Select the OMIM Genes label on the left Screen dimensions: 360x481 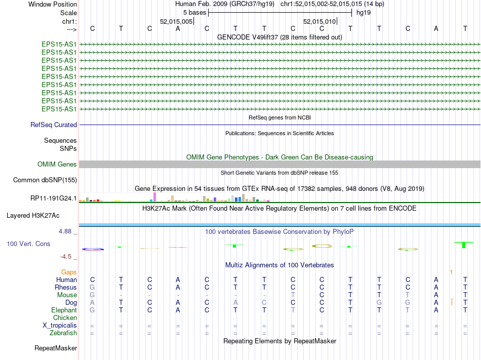click(57, 164)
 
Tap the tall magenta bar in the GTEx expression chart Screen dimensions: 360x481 click(154, 196)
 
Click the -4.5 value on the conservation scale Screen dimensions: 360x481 click(69, 257)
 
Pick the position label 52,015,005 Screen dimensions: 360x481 click(176, 21)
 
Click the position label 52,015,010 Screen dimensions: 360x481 click(319, 21)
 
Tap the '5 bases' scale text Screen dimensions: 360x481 click(194, 12)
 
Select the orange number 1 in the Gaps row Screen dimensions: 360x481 click(451, 272)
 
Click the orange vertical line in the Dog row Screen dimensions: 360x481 click(452, 302)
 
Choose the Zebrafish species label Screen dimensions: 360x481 click(63, 333)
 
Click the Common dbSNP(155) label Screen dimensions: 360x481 click(45, 180)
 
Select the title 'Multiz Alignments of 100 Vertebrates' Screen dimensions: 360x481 click(279, 265)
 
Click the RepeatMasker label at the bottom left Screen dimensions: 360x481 click(56, 348)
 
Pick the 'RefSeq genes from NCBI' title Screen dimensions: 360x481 click(279, 117)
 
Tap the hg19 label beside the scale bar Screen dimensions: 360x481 click(363, 12)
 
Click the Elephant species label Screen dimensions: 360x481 click(64, 310)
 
